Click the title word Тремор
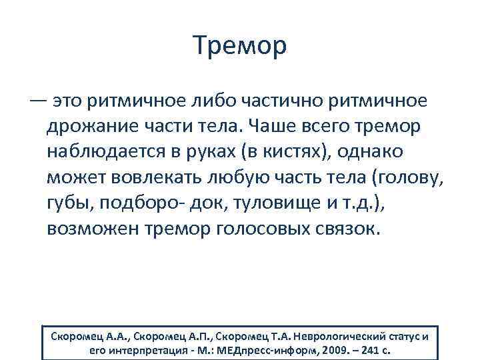[x=240, y=45]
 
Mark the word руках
[x=222, y=151]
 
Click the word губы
[x=69, y=203]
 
